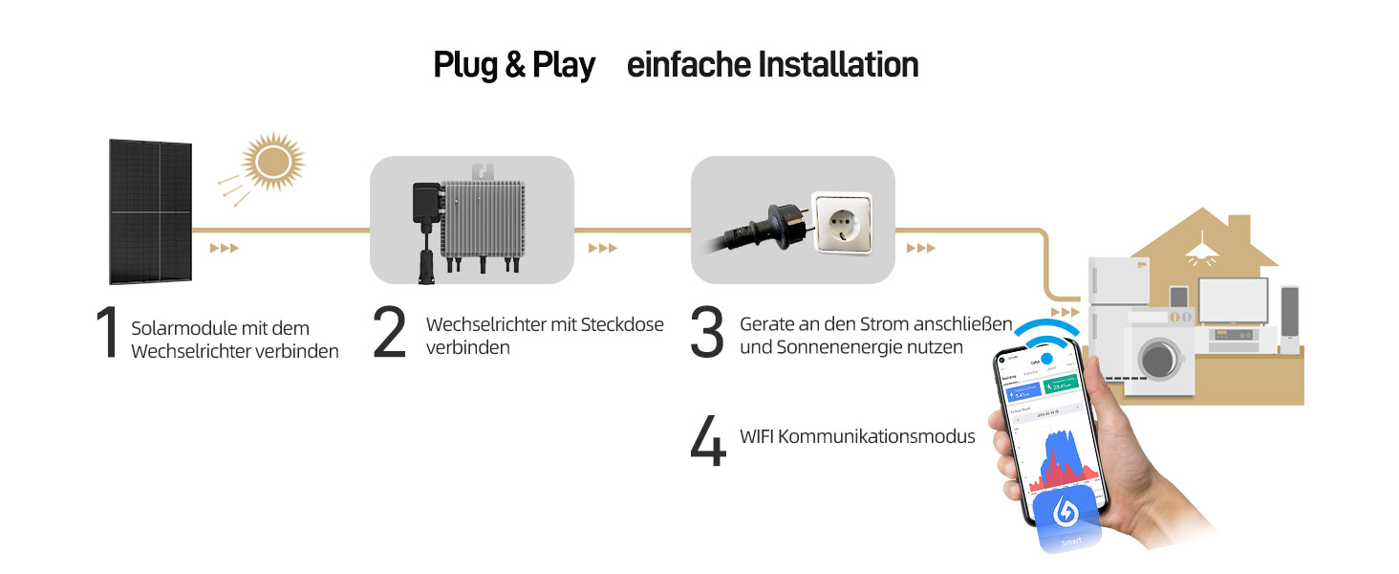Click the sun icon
[x=272, y=161]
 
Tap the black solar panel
[x=151, y=211]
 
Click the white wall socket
[x=841, y=222]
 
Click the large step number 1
[x=108, y=335]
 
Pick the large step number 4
[x=708, y=439]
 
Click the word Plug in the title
[x=465, y=65]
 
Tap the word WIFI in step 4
[x=757, y=436]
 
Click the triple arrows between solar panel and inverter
[x=224, y=249]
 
